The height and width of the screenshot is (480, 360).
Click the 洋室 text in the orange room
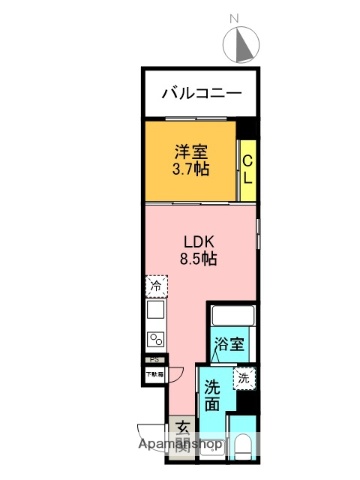pos(191,152)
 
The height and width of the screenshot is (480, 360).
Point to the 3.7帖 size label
pos(191,170)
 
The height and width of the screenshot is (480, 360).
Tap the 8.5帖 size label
pos(198,258)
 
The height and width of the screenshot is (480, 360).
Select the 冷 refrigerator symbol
pos(156,287)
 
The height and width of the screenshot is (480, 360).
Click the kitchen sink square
pos(156,313)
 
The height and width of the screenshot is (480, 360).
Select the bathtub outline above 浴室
pos(229,319)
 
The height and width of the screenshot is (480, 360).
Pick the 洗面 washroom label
pos(213,396)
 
